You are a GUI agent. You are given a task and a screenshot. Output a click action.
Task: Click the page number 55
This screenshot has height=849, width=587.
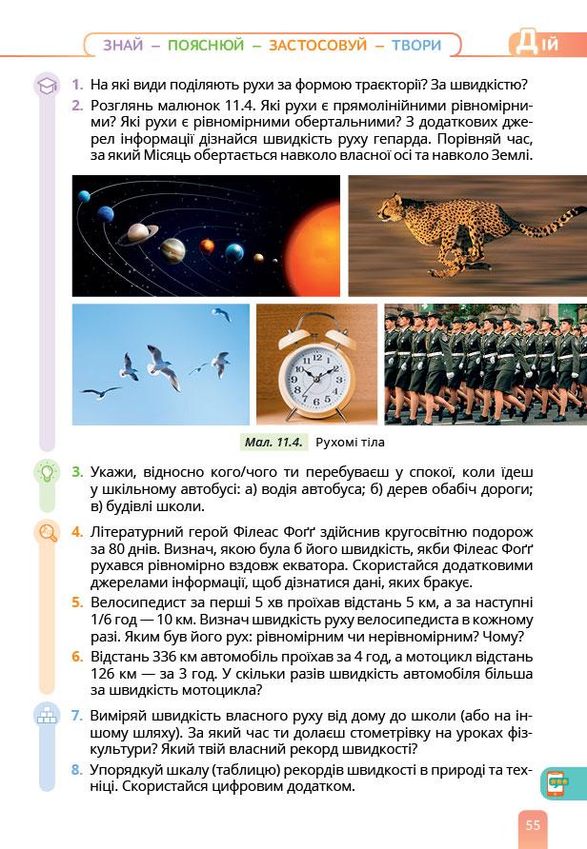pos(532,824)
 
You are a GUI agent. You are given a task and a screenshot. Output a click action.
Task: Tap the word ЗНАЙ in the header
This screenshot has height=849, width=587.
pos(123,45)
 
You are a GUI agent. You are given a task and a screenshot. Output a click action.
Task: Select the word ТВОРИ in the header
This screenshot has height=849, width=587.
pos(416,45)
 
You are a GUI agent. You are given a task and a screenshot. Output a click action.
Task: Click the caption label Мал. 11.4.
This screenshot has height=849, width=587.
pos(273,442)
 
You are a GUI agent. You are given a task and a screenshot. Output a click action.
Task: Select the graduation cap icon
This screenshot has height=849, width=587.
pos(46,87)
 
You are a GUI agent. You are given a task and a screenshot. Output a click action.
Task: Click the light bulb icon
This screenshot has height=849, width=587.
pos(46,473)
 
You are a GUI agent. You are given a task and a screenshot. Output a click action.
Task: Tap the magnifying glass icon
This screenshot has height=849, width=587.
pos(46,532)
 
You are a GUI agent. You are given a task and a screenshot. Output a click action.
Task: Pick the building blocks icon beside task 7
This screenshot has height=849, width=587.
pos(46,715)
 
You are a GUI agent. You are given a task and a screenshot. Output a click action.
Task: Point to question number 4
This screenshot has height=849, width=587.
pos(77,531)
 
